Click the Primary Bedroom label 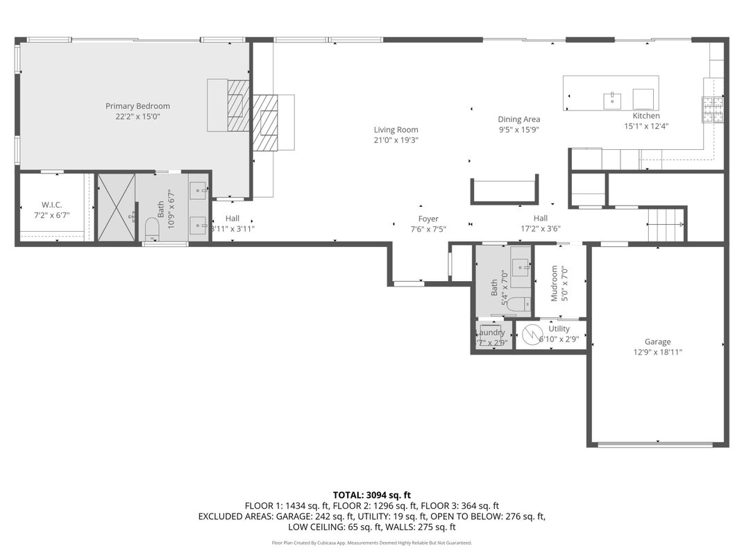137,106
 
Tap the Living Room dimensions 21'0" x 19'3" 396,140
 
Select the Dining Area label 518,119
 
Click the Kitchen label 645,116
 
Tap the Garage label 657,341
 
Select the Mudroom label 555,283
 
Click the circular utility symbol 531,333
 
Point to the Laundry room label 492,332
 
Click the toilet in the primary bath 152,228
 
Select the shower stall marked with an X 116,208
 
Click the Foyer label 428,219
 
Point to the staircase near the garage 666,224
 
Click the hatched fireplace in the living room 264,122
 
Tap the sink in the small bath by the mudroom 521,264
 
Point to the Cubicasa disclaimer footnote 371,543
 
